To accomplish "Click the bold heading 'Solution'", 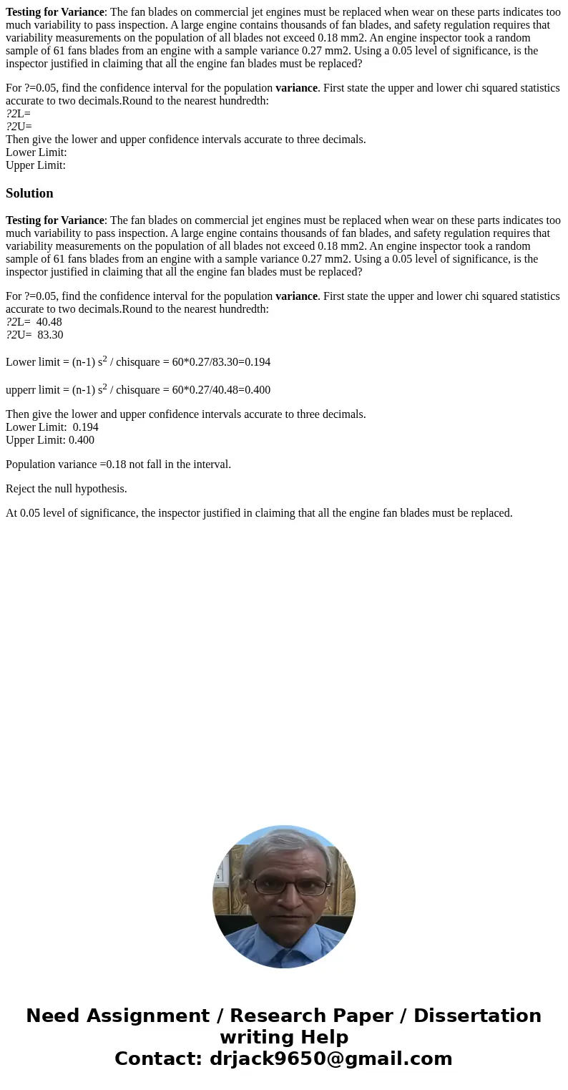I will pos(29,193).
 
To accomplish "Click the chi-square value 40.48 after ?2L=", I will pos(49,322).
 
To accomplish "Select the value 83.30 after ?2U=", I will pos(50,335).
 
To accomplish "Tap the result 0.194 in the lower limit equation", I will pos(258,362).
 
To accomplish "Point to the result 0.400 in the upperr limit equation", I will pos(258,390).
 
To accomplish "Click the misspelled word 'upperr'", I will pos(21,390).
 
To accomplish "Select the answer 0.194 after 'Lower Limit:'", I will pos(86,427).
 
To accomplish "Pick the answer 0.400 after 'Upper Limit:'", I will pos(82,440).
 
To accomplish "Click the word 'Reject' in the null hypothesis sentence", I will pos(21,489).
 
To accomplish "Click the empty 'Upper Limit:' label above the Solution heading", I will pos(36,165).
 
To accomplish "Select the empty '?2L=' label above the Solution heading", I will pos(19,114).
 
